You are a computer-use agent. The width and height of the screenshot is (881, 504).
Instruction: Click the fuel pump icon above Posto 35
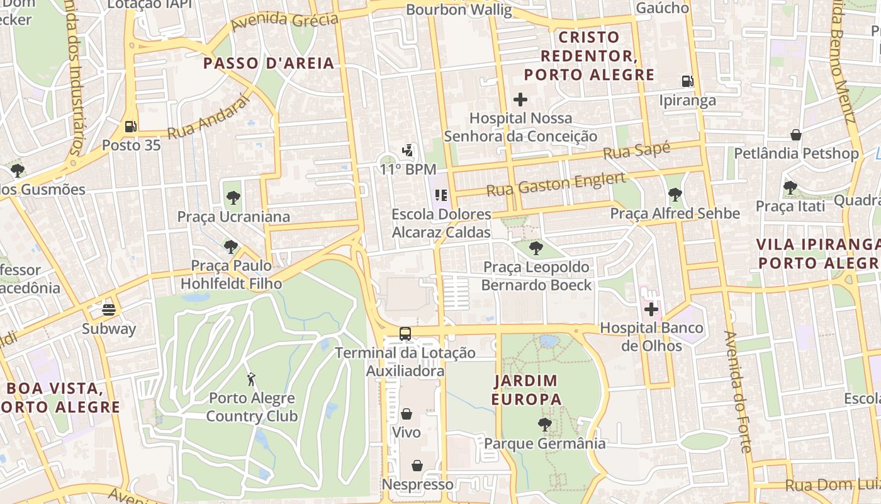tap(130, 127)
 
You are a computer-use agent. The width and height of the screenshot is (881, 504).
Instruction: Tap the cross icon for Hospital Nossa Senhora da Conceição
tap(520, 100)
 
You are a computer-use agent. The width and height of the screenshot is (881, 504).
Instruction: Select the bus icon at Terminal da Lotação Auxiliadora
tap(405, 334)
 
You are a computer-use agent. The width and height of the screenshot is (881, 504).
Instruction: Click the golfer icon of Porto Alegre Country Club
tap(252, 379)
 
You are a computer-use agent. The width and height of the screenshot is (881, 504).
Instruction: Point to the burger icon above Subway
tap(109, 310)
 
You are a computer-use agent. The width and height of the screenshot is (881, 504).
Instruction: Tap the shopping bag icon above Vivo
tap(407, 414)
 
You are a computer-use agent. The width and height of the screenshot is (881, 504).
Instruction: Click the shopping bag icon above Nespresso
tap(417, 466)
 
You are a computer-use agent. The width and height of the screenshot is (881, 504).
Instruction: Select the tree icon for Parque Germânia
tap(545, 425)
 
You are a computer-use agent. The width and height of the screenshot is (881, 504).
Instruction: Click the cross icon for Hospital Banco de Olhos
tap(651, 309)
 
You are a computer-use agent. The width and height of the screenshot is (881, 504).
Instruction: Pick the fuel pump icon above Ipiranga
tap(687, 81)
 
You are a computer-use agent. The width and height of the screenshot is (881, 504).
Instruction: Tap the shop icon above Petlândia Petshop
tap(796, 135)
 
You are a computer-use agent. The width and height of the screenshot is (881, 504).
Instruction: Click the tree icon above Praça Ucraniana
tap(233, 198)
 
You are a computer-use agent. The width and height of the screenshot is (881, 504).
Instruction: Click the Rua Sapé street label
tap(636, 151)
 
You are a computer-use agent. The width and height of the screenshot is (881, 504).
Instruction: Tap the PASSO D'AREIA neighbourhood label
tap(269, 63)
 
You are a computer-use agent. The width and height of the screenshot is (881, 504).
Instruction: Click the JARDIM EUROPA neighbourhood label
tap(526, 390)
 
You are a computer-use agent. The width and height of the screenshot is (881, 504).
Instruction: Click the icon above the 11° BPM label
tap(408, 151)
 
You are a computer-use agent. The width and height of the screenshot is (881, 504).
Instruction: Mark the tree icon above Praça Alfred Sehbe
tap(675, 194)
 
